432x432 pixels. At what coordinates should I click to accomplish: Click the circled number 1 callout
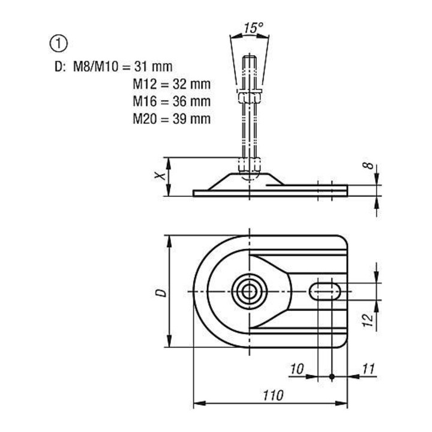58,44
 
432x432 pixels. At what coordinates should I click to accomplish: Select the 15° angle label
253,28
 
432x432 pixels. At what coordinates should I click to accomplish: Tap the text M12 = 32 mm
172,84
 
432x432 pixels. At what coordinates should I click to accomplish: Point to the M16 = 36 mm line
172,101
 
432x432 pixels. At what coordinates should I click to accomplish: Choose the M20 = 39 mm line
172,119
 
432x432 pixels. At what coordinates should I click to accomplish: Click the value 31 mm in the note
153,67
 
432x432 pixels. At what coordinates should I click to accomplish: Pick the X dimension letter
160,175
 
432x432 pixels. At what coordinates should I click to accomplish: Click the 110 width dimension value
273,395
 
